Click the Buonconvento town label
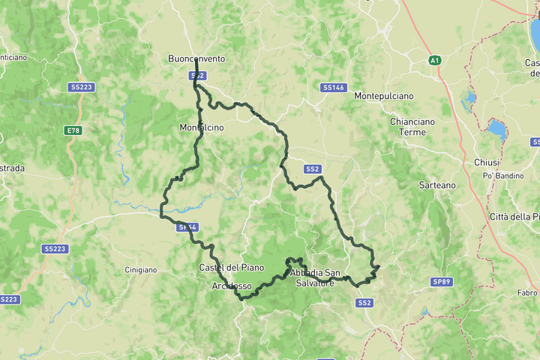(x=196, y=58)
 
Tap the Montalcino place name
(x=201, y=127)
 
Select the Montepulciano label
(x=383, y=97)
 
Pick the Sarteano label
(x=436, y=184)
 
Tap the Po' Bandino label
(x=501, y=175)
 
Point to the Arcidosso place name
(x=231, y=286)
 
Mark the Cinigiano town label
(x=141, y=268)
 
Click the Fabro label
(x=527, y=292)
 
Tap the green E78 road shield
(x=73, y=130)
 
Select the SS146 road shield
(x=333, y=88)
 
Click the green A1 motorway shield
(x=434, y=59)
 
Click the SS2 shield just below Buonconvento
(x=197, y=76)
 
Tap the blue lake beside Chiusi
(x=496, y=130)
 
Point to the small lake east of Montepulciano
(x=469, y=97)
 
